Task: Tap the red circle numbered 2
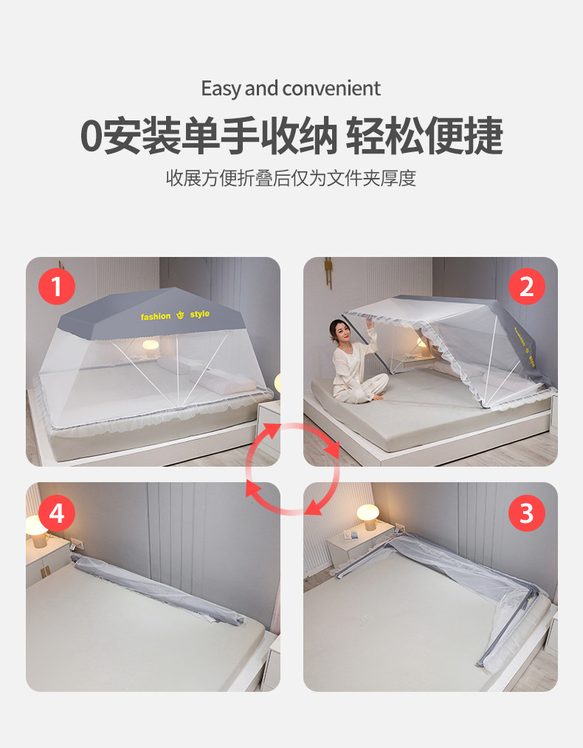pyautogui.click(x=526, y=286)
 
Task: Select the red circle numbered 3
pyautogui.click(x=526, y=512)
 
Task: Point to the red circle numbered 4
pyautogui.click(x=57, y=512)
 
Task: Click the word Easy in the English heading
pyautogui.click(x=221, y=89)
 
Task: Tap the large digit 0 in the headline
pyautogui.click(x=90, y=136)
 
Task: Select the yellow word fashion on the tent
pyautogui.click(x=156, y=316)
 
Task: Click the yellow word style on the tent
pyautogui.click(x=199, y=315)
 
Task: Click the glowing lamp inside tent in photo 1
pyautogui.click(x=151, y=346)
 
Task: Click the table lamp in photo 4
pyautogui.click(x=36, y=527)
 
